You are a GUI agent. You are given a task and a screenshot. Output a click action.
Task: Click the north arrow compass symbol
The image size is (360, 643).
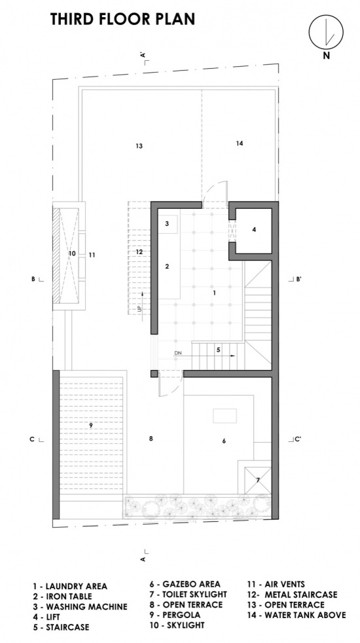click(326, 31)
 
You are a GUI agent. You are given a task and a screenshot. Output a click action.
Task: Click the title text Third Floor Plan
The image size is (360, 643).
click(122, 19)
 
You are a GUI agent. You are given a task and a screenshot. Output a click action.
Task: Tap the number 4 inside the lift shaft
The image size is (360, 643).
click(254, 230)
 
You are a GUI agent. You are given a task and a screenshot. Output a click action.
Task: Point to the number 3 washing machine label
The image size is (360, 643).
click(167, 223)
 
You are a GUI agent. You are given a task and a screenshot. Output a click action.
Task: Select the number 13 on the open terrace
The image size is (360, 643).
click(139, 145)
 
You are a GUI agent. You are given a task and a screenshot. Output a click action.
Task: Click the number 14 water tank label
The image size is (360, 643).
click(240, 143)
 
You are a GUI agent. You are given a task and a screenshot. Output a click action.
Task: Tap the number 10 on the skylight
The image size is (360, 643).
click(72, 254)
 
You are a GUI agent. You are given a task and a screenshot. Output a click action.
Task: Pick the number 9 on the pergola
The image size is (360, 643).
click(91, 426)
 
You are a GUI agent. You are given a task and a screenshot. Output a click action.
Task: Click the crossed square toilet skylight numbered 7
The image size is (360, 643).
click(257, 480)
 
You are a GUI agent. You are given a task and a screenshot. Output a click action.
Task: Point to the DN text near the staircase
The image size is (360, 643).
click(177, 353)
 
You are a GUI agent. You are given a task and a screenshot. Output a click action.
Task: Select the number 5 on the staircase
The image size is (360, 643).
click(218, 350)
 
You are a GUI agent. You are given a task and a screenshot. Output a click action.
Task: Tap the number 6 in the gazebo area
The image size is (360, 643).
click(224, 441)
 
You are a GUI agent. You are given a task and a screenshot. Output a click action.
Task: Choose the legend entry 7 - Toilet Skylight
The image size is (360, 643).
click(189, 594)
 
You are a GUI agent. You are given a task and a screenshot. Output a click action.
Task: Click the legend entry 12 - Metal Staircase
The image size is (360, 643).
click(293, 594)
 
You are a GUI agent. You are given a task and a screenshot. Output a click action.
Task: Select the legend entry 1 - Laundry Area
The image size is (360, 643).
click(70, 587)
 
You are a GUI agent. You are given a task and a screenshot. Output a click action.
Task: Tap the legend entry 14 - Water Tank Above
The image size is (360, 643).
click(297, 615)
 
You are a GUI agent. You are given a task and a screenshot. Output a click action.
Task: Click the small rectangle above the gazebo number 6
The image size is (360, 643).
click(225, 416)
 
